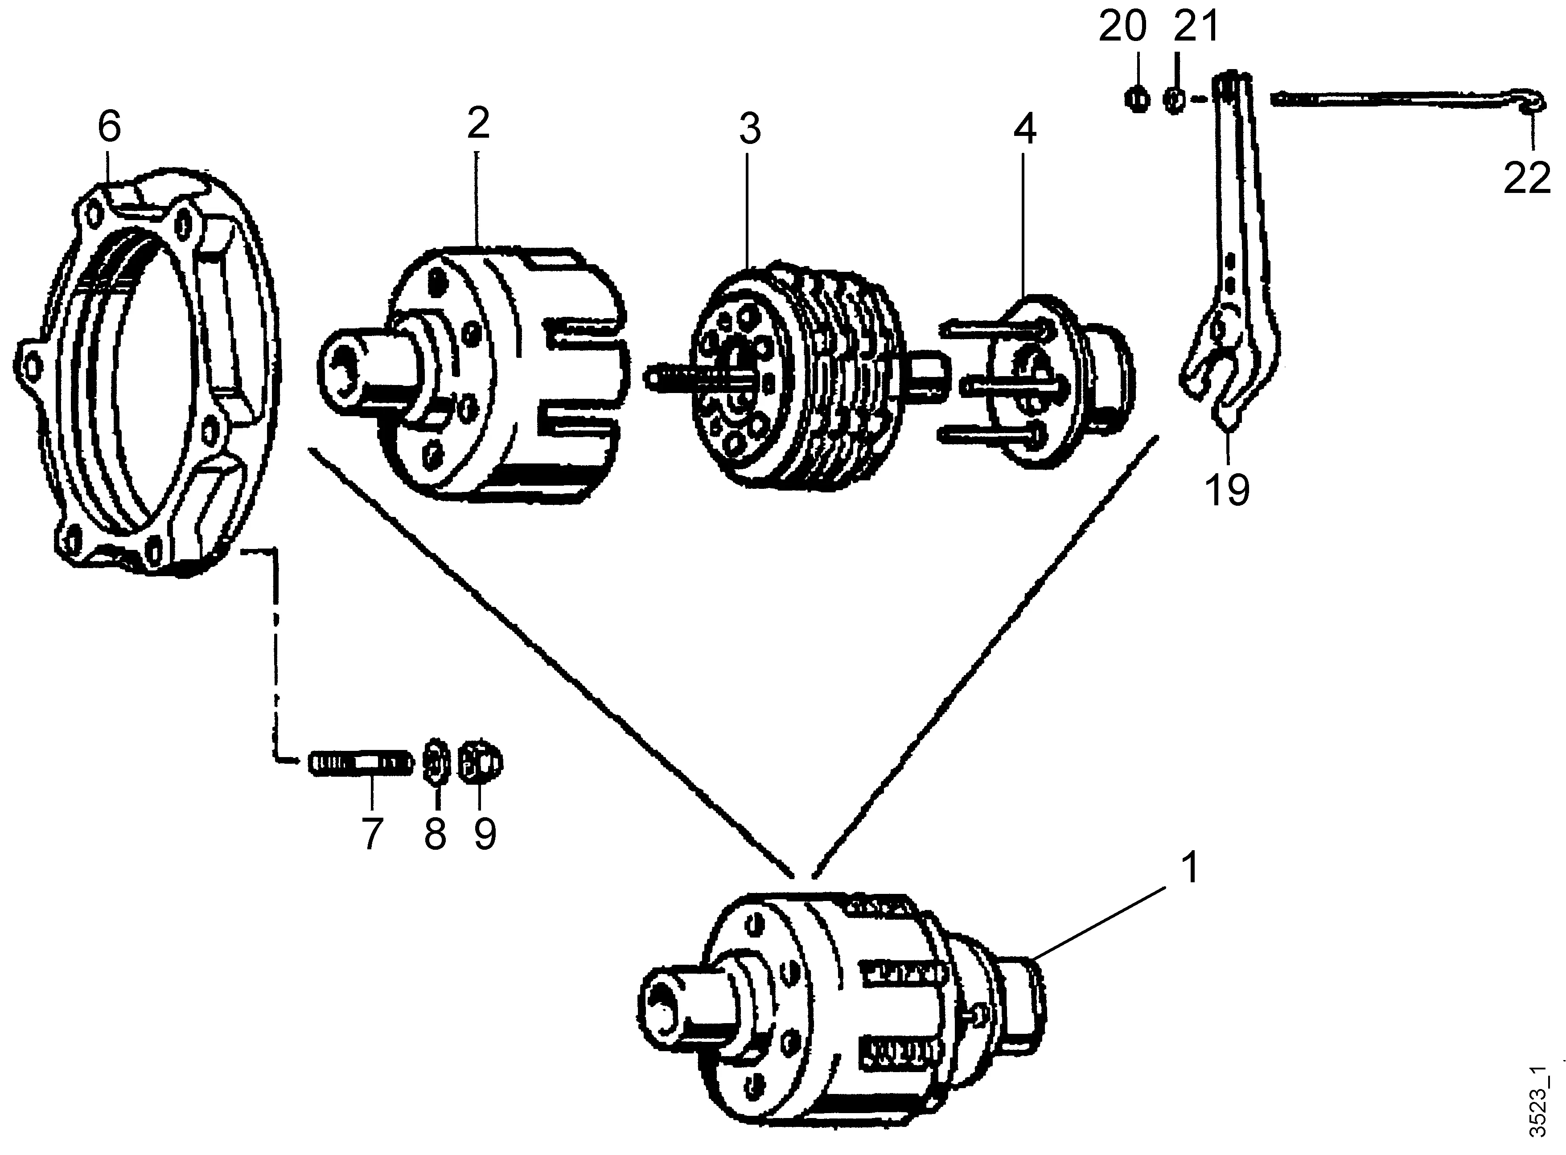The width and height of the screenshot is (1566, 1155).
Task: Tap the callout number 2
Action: coord(478,124)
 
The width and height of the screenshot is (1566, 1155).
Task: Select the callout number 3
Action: coord(749,130)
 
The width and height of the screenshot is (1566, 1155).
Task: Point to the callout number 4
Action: coord(1024,130)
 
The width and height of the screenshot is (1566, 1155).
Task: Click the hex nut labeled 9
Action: coord(479,762)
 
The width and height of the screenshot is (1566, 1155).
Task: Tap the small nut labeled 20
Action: coord(1137,99)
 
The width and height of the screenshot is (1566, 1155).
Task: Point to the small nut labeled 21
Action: coord(1175,99)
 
